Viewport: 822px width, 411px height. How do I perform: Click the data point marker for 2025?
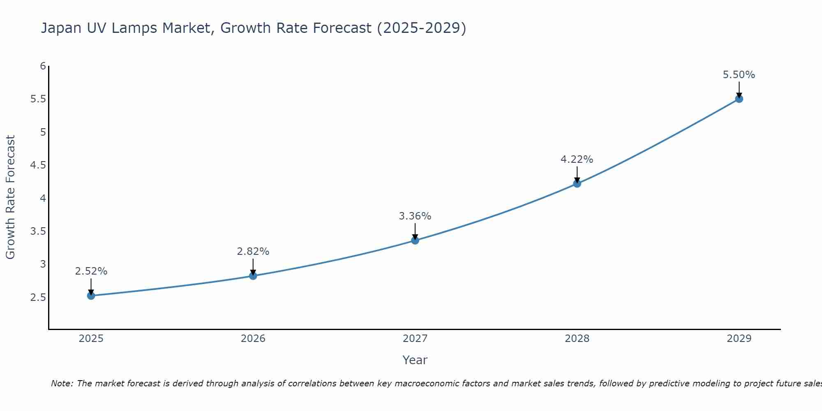[x=91, y=296]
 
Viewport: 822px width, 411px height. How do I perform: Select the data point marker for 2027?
[x=415, y=240]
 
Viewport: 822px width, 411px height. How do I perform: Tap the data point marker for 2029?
[x=739, y=99]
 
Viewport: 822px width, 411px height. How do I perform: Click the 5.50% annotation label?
[x=739, y=75]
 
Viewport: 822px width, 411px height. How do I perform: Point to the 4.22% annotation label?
[x=577, y=159]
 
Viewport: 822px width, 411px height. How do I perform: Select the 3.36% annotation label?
[x=415, y=216]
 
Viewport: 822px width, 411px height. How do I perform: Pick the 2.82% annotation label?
[x=253, y=252]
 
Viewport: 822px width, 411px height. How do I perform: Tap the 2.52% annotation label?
[x=91, y=271]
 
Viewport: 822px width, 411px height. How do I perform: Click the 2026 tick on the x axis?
[x=253, y=339]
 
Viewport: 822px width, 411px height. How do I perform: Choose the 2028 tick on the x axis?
[x=577, y=339]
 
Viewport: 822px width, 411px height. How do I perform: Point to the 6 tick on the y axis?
[x=43, y=66]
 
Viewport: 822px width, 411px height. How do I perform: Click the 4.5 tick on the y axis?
[x=38, y=165]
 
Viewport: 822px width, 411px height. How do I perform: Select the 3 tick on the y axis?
[x=43, y=264]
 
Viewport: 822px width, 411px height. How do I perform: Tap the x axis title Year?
[x=415, y=360]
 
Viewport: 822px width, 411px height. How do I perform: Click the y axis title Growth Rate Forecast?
[x=10, y=197]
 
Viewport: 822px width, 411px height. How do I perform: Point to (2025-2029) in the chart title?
[x=421, y=28]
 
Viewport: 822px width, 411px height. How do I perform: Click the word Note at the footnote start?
[x=62, y=383]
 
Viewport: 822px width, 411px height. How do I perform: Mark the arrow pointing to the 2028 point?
[x=577, y=174]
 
